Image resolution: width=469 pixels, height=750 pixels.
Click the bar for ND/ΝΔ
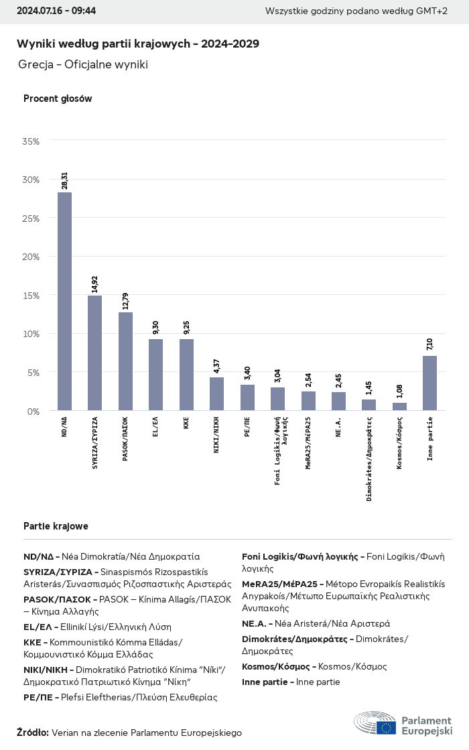click(x=64, y=302)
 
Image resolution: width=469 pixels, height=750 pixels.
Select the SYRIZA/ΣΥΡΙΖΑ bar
click(x=95, y=353)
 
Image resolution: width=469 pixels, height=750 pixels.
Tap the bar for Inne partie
click(x=429, y=383)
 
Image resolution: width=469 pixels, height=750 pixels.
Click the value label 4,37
click(x=216, y=365)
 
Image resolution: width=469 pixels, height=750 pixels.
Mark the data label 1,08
click(x=399, y=391)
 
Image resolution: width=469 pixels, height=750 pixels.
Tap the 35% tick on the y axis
click(x=31, y=141)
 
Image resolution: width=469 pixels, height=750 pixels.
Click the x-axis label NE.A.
click(x=339, y=427)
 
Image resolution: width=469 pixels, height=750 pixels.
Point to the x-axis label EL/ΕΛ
click(x=156, y=427)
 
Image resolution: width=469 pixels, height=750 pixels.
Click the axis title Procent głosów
click(x=58, y=99)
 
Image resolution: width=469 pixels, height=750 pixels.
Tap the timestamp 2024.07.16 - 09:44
click(x=56, y=11)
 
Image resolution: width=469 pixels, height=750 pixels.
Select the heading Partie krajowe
click(x=56, y=526)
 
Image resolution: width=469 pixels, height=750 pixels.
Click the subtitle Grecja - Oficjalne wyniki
click(x=83, y=64)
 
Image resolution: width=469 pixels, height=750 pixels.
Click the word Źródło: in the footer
click(x=33, y=733)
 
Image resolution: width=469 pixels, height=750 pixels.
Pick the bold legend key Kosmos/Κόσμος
click(x=275, y=667)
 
